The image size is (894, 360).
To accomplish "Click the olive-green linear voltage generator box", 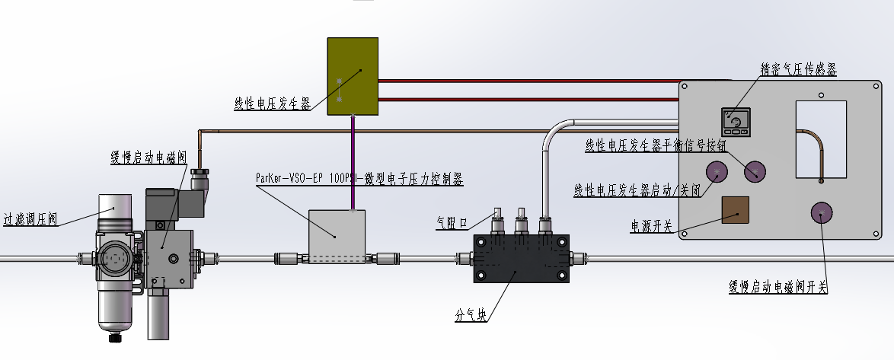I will point(353,76).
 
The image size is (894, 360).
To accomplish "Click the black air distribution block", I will point(522,258).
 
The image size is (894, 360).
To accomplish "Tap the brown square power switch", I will point(736,210).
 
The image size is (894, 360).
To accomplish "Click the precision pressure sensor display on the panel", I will point(736,122).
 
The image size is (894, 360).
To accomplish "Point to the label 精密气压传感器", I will point(799,69).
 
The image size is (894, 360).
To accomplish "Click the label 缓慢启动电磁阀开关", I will point(777,287).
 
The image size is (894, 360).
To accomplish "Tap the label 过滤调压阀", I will point(30,219).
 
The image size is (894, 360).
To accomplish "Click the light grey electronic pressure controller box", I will point(337,236).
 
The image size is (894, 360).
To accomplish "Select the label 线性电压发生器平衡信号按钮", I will point(656,145).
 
